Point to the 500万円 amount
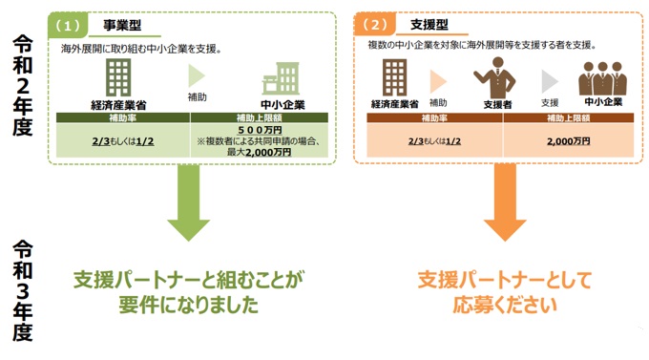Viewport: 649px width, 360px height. point(260,130)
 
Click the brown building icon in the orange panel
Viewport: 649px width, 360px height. point(393,76)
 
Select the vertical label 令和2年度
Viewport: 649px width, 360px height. point(24,87)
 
